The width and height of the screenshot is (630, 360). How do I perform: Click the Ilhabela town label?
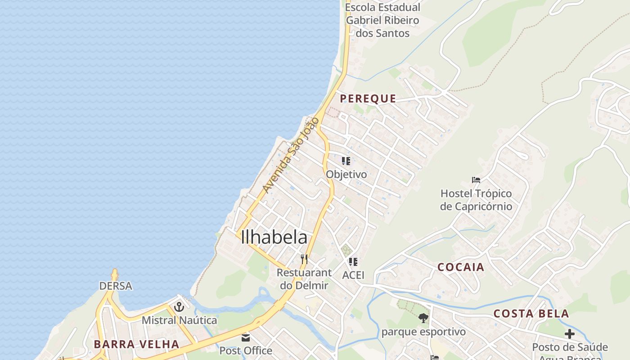point(274,238)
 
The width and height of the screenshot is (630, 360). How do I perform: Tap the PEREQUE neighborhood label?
point(368,99)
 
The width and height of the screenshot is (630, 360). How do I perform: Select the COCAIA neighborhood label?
point(461,267)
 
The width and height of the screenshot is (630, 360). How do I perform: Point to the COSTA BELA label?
point(531,314)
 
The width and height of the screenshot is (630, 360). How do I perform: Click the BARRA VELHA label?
point(136,344)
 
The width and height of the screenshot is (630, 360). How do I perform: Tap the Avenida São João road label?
point(291,155)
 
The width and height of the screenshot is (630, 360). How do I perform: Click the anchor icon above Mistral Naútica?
point(179,307)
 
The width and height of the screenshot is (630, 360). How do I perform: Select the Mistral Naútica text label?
point(179,320)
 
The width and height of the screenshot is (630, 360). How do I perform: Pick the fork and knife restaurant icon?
point(304,259)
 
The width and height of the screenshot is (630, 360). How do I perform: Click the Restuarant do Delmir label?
point(304,279)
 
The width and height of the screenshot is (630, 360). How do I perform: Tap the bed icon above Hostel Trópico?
point(476,180)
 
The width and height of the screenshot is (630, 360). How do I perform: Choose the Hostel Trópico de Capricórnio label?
point(476,200)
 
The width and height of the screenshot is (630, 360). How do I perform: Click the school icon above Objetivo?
point(346,161)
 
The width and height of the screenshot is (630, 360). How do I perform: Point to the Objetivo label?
point(346,174)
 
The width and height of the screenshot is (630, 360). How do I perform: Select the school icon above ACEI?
point(353,261)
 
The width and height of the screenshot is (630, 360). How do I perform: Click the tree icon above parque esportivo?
point(423,318)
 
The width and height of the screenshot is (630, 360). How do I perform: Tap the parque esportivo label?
point(423,332)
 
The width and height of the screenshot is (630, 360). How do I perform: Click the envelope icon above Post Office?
point(246,337)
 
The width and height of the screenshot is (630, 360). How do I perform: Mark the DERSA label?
point(116,286)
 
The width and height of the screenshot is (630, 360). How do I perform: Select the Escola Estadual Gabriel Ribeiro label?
point(382,20)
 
